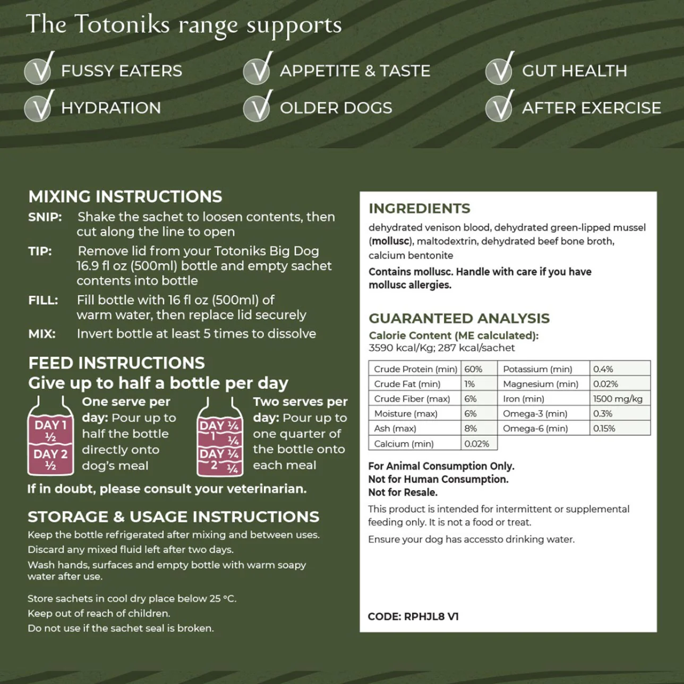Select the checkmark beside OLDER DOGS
(x=258, y=107)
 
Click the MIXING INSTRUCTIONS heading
(x=125, y=197)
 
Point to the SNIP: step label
(x=45, y=217)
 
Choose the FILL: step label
(x=43, y=300)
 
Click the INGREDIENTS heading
(x=420, y=209)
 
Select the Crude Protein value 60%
(x=474, y=369)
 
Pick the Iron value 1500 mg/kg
(x=618, y=399)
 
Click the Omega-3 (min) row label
(x=535, y=414)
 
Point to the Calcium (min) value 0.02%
(x=477, y=443)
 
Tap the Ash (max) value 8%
(x=471, y=429)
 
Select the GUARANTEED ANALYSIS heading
(x=459, y=319)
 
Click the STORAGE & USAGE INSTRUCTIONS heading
(x=173, y=517)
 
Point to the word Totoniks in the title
(x=122, y=25)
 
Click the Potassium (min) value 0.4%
(x=603, y=369)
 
